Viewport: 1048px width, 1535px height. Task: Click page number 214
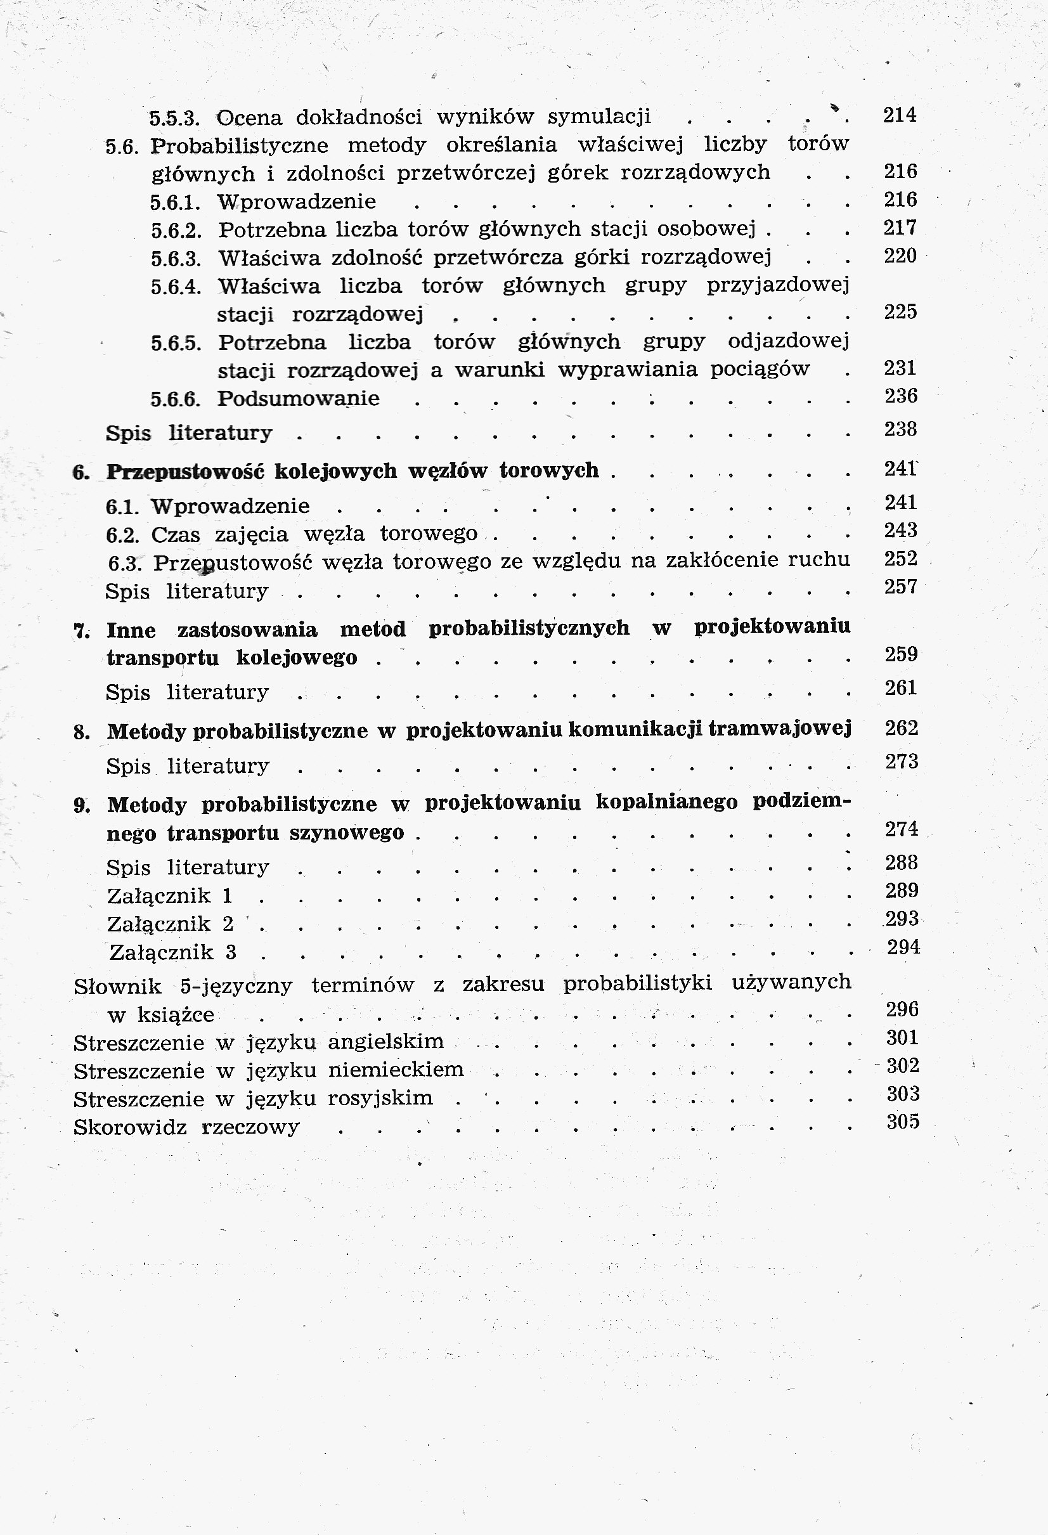click(x=900, y=115)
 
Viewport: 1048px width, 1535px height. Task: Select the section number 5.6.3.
click(x=176, y=257)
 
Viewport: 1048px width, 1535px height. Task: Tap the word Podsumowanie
click(x=299, y=398)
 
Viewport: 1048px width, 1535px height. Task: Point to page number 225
click(x=900, y=311)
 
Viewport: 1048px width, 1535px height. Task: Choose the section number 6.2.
click(x=122, y=534)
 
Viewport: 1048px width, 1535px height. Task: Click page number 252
click(x=901, y=559)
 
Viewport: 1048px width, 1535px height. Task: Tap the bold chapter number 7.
click(x=81, y=631)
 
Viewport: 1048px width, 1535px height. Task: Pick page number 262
click(x=902, y=728)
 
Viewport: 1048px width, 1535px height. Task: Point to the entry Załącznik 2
click(x=171, y=923)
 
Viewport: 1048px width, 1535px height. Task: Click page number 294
click(x=903, y=947)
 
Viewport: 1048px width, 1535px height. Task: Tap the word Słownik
click(x=117, y=986)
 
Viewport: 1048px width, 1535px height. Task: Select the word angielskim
click(x=385, y=1042)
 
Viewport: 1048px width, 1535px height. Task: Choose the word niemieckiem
click(x=396, y=1070)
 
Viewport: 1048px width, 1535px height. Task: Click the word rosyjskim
click(x=380, y=1098)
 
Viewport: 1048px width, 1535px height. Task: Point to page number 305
click(x=903, y=1122)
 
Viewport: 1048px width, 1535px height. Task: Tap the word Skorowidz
click(x=130, y=1127)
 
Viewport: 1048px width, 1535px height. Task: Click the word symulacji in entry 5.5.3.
click(x=599, y=116)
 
